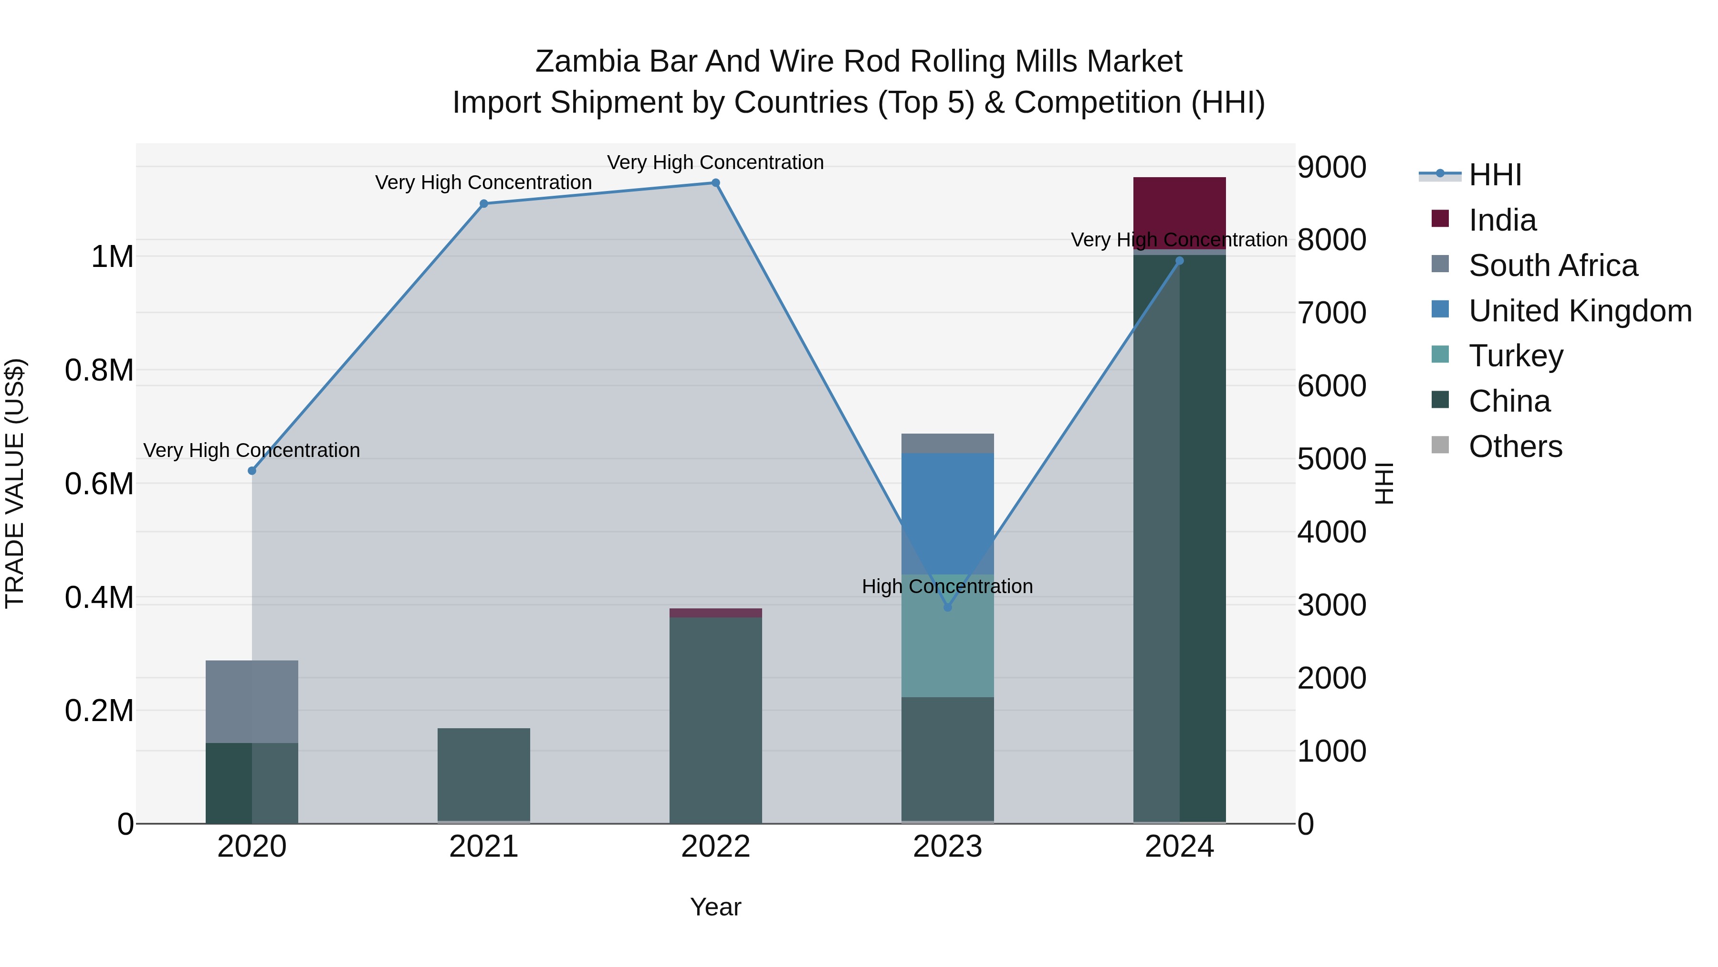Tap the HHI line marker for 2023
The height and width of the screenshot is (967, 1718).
point(948,607)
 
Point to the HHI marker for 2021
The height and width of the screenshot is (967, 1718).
point(484,203)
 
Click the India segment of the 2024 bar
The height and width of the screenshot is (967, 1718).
point(1179,212)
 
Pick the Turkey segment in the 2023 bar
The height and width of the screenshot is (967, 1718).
point(948,635)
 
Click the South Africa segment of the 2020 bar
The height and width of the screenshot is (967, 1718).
point(252,701)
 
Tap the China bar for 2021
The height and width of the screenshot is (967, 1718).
point(484,774)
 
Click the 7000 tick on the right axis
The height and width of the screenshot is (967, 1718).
point(1331,313)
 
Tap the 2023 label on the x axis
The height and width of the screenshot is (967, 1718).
point(948,847)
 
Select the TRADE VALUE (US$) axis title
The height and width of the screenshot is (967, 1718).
point(15,484)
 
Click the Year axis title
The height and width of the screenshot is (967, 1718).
point(716,907)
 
